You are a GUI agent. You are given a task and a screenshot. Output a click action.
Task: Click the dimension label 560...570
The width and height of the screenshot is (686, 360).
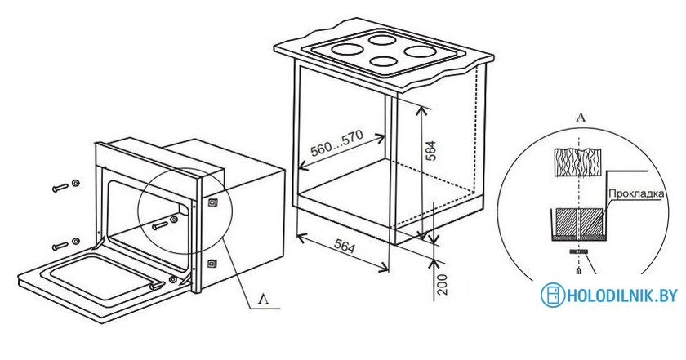pyautogui.click(x=336, y=144)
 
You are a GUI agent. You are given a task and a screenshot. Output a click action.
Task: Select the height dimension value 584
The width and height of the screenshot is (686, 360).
pyautogui.click(x=431, y=151)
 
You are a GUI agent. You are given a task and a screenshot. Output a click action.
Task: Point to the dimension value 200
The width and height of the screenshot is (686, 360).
pyautogui.click(x=443, y=285)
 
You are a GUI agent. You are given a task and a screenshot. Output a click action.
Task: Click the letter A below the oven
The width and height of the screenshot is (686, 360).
pyautogui.click(x=263, y=299)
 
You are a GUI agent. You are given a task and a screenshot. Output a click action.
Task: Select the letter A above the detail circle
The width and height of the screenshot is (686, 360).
pyautogui.click(x=581, y=117)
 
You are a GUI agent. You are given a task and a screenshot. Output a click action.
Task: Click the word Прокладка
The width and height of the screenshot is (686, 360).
pyautogui.click(x=636, y=193)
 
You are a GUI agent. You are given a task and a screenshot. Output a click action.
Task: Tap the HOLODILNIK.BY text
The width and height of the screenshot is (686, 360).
pyautogui.click(x=622, y=296)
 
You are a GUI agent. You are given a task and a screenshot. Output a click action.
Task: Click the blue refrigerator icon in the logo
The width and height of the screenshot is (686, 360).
pyautogui.click(x=553, y=295)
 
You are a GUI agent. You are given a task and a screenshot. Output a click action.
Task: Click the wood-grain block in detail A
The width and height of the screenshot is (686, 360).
pyautogui.click(x=577, y=162)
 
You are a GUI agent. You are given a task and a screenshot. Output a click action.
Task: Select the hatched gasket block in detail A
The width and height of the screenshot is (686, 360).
pyautogui.click(x=578, y=222)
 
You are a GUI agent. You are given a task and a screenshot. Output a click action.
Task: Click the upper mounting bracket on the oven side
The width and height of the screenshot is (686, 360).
pyautogui.click(x=212, y=203)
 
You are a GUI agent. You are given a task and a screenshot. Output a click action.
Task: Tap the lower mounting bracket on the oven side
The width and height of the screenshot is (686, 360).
pyautogui.click(x=212, y=264)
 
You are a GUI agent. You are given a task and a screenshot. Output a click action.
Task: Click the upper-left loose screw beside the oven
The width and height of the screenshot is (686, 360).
pyautogui.click(x=60, y=187)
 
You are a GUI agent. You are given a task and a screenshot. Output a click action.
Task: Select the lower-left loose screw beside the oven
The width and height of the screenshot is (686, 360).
pyautogui.click(x=60, y=246)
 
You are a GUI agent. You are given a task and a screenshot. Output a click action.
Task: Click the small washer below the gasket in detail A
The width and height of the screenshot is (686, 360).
pyautogui.click(x=578, y=252)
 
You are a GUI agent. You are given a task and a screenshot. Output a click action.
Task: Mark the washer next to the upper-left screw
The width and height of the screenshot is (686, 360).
pyautogui.click(x=76, y=182)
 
